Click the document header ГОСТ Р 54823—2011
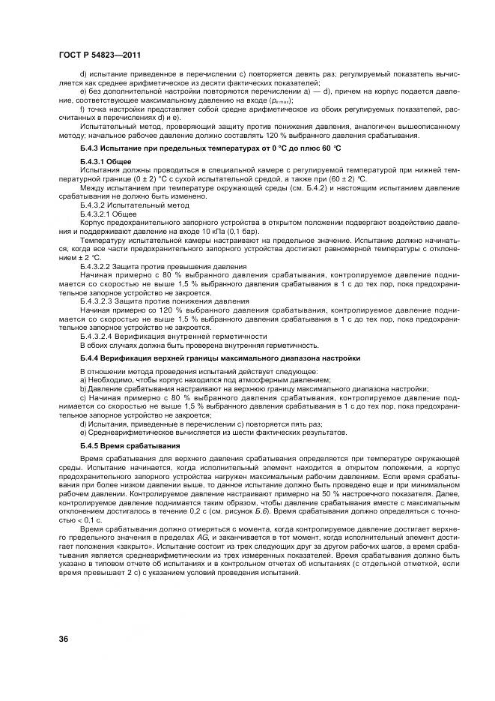pyautogui.click(x=99, y=55)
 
